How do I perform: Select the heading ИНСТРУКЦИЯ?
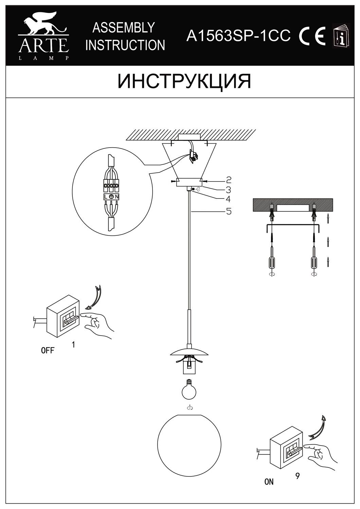(184, 82)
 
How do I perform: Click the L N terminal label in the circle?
(111, 197)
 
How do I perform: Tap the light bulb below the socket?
(190, 391)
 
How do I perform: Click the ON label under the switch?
(269, 482)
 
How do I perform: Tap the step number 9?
(297, 476)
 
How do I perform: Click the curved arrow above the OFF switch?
(96, 297)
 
